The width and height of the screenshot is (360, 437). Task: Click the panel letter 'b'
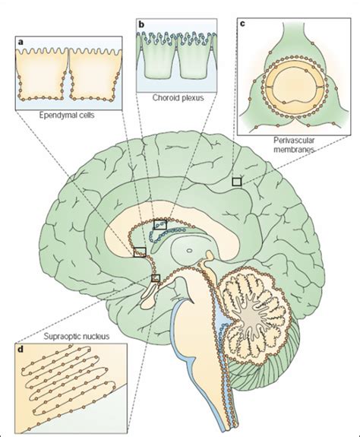[x=141, y=24]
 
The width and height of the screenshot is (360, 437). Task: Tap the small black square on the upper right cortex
[x=237, y=182]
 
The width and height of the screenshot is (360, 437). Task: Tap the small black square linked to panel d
[x=156, y=278]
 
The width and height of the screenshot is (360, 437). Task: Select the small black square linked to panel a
[x=140, y=252]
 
